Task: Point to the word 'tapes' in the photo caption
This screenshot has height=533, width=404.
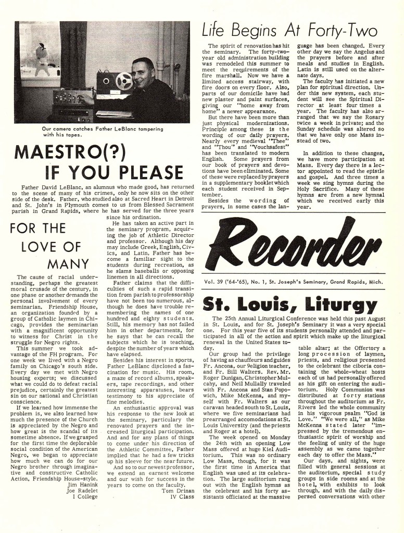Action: coord(75,135)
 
